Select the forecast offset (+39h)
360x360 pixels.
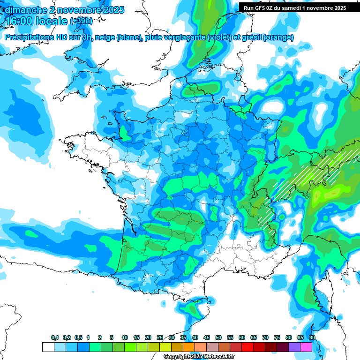[81, 21]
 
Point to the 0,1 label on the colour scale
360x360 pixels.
[55, 337]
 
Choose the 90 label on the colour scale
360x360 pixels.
[312, 337]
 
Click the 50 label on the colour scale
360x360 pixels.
[218, 337]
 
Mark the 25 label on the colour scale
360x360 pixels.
[160, 337]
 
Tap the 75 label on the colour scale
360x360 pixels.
[277, 337]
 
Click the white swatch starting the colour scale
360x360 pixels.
[48, 347]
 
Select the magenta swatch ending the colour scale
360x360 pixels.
[306, 347]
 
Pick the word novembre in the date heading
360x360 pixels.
[74, 9]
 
